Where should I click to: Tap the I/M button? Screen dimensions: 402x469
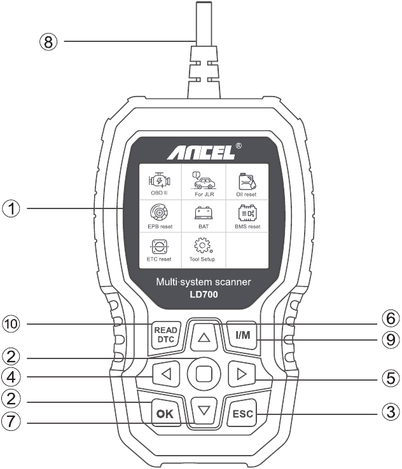242,335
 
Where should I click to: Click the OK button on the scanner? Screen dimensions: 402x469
165,413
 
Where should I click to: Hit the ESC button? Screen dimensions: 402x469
242,413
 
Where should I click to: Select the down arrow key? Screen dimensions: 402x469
204,411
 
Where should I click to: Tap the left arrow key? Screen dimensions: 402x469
166,374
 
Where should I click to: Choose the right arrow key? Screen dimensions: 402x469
242,374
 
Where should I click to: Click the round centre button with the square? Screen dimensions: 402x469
204,374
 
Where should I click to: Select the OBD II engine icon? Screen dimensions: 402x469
159,180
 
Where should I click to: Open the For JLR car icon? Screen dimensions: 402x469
204,180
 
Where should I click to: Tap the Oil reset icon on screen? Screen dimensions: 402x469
247,181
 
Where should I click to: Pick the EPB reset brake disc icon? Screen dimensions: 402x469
158,212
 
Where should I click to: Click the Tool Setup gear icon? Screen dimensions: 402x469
204,245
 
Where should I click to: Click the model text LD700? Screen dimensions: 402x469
204,295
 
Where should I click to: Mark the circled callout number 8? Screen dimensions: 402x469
48,41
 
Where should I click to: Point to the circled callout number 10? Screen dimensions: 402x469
11,324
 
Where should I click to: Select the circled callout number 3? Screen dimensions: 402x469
391,412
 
